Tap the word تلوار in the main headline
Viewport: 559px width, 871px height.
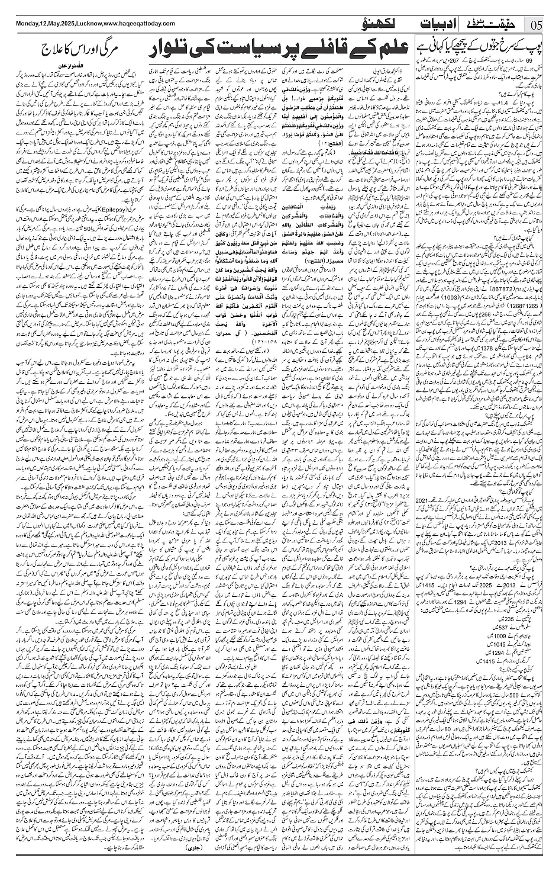click(180, 50)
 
